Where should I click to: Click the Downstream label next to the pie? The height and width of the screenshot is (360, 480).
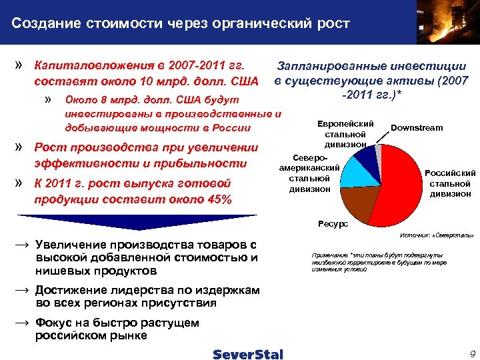416,127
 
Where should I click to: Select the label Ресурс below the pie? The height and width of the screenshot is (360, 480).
333,225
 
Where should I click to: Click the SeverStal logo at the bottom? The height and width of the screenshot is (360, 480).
248,354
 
